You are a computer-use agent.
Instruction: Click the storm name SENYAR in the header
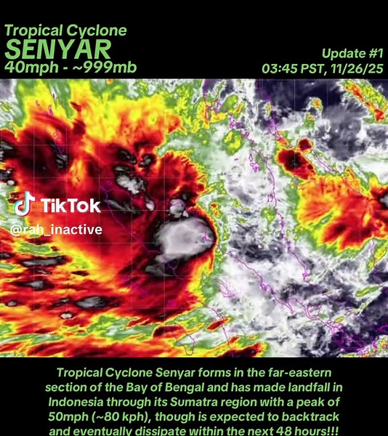click(58, 49)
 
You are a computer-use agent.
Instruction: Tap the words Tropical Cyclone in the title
click(65, 31)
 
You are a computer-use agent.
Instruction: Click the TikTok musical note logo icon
click(24, 205)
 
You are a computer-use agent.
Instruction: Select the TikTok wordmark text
click(70, 206)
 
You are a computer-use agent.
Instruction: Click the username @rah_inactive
click(56, 230)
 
